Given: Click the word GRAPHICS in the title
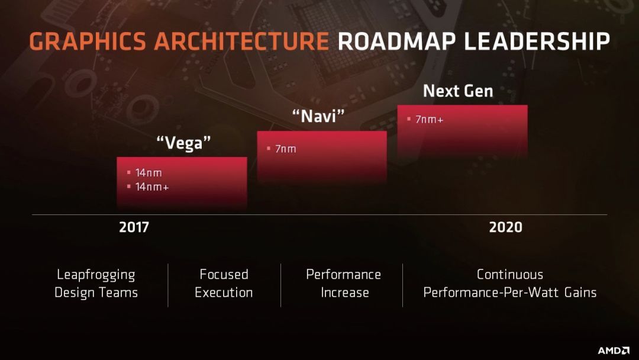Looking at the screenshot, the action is [87, 41].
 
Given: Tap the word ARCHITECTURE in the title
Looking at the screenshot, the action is [241, 41].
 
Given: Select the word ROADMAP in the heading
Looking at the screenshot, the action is [396, 41].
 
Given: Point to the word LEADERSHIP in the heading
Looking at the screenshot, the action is [537, 41].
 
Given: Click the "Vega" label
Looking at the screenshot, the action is [184, 143].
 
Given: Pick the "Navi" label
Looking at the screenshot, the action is [319, 116].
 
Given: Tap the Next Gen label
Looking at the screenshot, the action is [458, 91].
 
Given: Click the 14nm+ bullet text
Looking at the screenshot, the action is [152, 187].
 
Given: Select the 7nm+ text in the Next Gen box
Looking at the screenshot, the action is [429, 119].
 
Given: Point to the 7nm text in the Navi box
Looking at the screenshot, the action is [286, 149].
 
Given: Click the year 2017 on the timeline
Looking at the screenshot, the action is [134, 227].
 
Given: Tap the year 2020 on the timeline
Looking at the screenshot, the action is [506, 227].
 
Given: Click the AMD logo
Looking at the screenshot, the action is [614, 350].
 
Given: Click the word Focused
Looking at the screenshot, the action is [224, 274].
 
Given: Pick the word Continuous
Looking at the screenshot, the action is [510, 274].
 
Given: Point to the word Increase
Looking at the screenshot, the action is [345, 292].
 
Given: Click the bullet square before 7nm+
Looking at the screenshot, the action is [409, 119].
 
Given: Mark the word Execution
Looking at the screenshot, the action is [224, 292].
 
